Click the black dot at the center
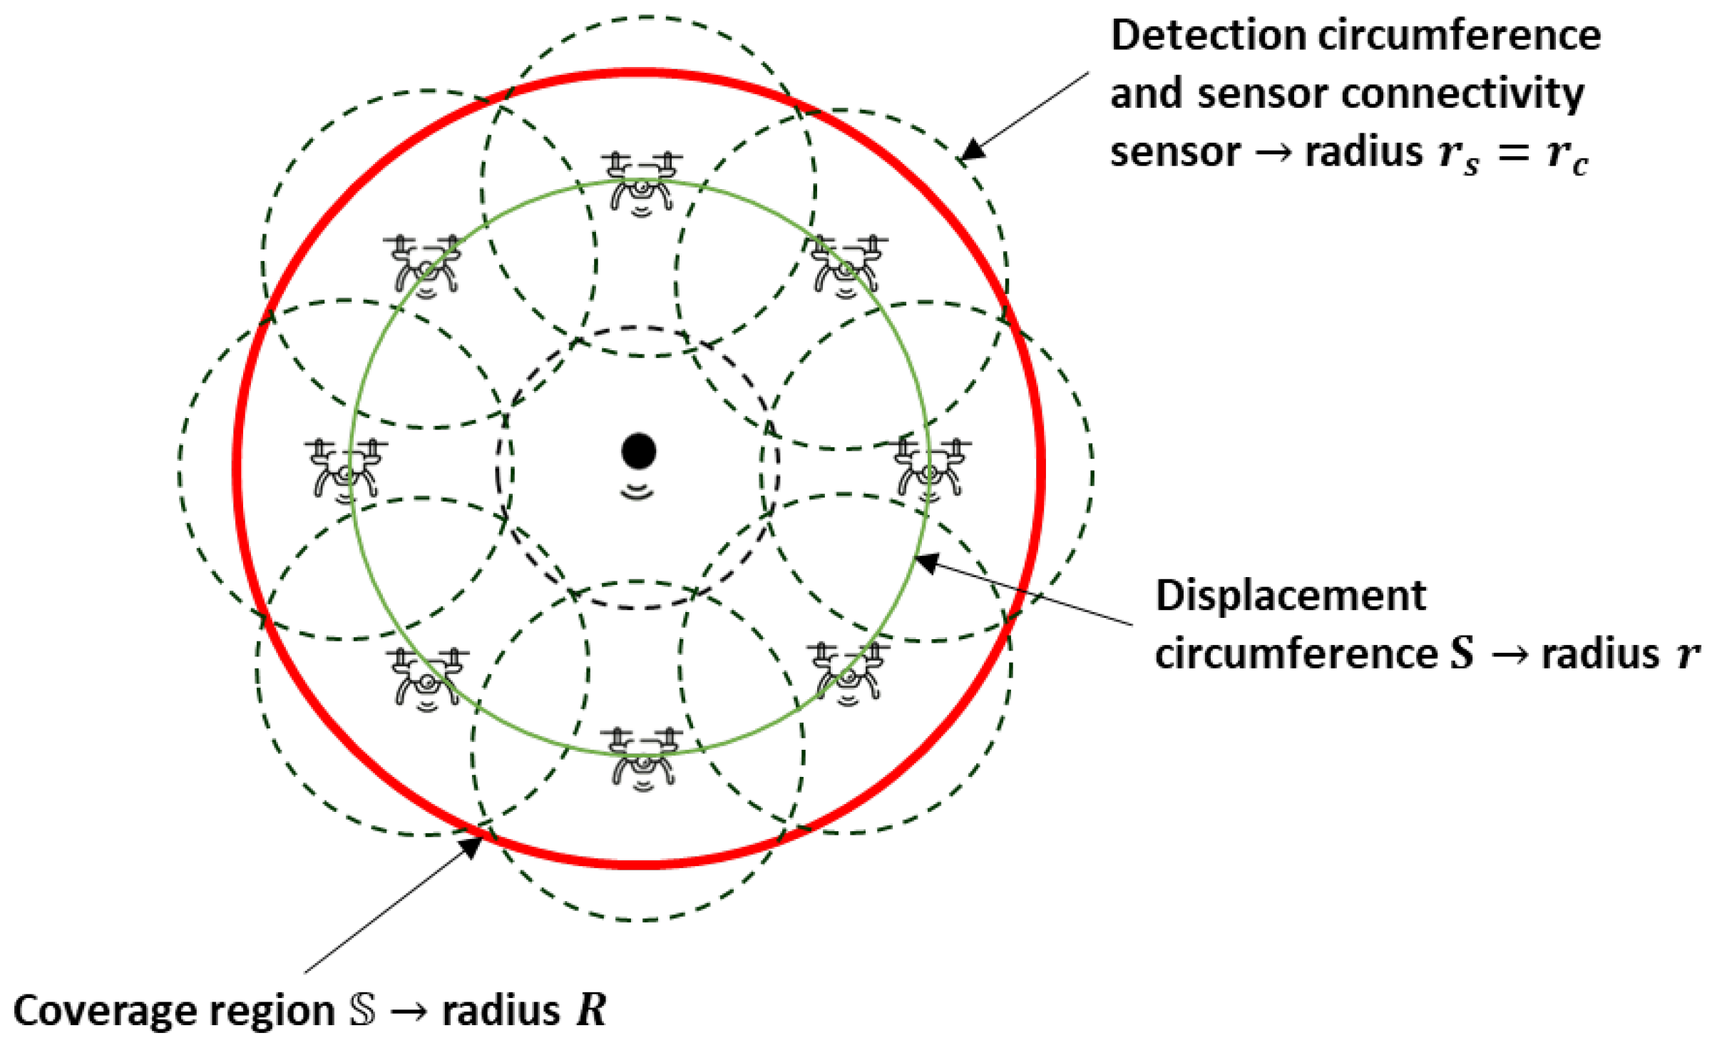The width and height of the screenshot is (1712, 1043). point(638,451)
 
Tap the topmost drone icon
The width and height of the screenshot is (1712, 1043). point(642,183)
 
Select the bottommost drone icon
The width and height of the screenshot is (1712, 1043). point(642,759)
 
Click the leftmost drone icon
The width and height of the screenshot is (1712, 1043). point(346,469)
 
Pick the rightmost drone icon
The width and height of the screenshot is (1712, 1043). point(930,468)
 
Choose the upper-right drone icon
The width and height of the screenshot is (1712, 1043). point(847,265)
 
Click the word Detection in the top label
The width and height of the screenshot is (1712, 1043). point(1207,36)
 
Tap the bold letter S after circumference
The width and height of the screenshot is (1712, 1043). point(1462,653)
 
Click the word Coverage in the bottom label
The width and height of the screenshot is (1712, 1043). point(94,1011)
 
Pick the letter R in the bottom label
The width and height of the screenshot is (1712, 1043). point(591,1011)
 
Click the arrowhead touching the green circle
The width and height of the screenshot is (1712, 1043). point(925,562)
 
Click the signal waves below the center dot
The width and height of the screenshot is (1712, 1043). point(637,492)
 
